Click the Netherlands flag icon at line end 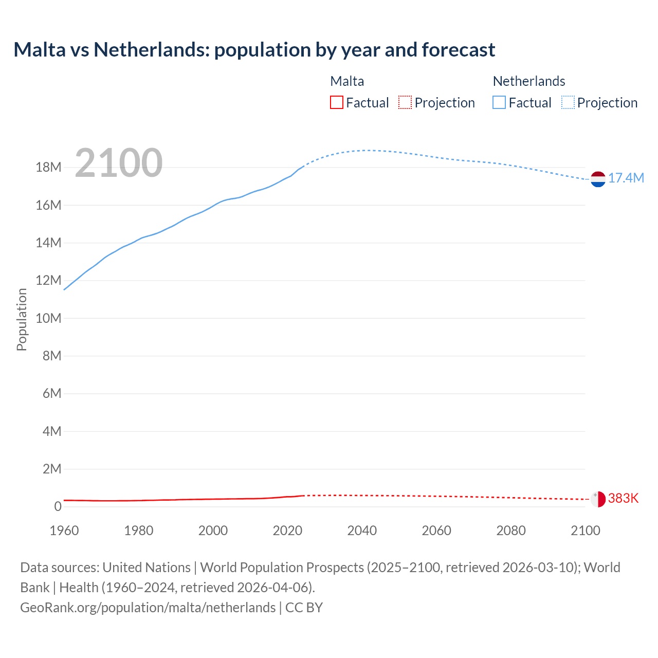pos(598,179)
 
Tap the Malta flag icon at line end pos(598,499)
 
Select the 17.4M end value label pos(626,178)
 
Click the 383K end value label pos(623,498)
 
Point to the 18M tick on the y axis pos(48,168)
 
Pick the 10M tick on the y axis pos(48,318)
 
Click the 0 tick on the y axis pos(58,506)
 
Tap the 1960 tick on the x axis pos(64,531)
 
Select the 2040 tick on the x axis pos(362,531)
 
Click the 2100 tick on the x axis pos(585,531)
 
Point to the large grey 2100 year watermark pos(119,163)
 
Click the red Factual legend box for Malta pos(337,103)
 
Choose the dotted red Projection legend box pos(405,103)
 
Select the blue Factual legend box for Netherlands pos(499,103)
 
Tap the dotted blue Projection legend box pos(568,103)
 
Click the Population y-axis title pos(22,319)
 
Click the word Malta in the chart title pos(40,50)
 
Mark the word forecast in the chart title pos(459,50)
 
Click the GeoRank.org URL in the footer pos(148,607)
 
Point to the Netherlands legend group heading pos(529,81)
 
